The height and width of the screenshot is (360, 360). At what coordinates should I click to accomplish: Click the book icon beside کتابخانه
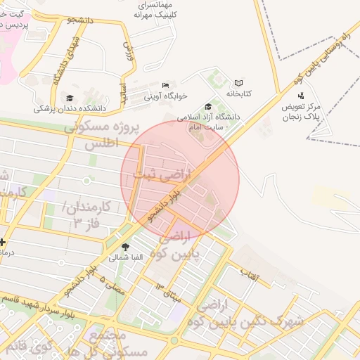coord(238,83)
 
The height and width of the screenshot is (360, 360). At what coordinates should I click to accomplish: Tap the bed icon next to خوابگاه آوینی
coord(165,86)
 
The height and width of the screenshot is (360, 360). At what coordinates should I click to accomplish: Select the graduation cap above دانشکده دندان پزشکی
coord(69,98)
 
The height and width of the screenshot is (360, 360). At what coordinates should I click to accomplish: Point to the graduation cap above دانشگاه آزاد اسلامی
coord(208,106)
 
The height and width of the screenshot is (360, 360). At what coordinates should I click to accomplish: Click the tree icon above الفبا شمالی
coord(126,247)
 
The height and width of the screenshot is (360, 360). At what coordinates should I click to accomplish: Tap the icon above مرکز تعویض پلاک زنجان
coord(301,96)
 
